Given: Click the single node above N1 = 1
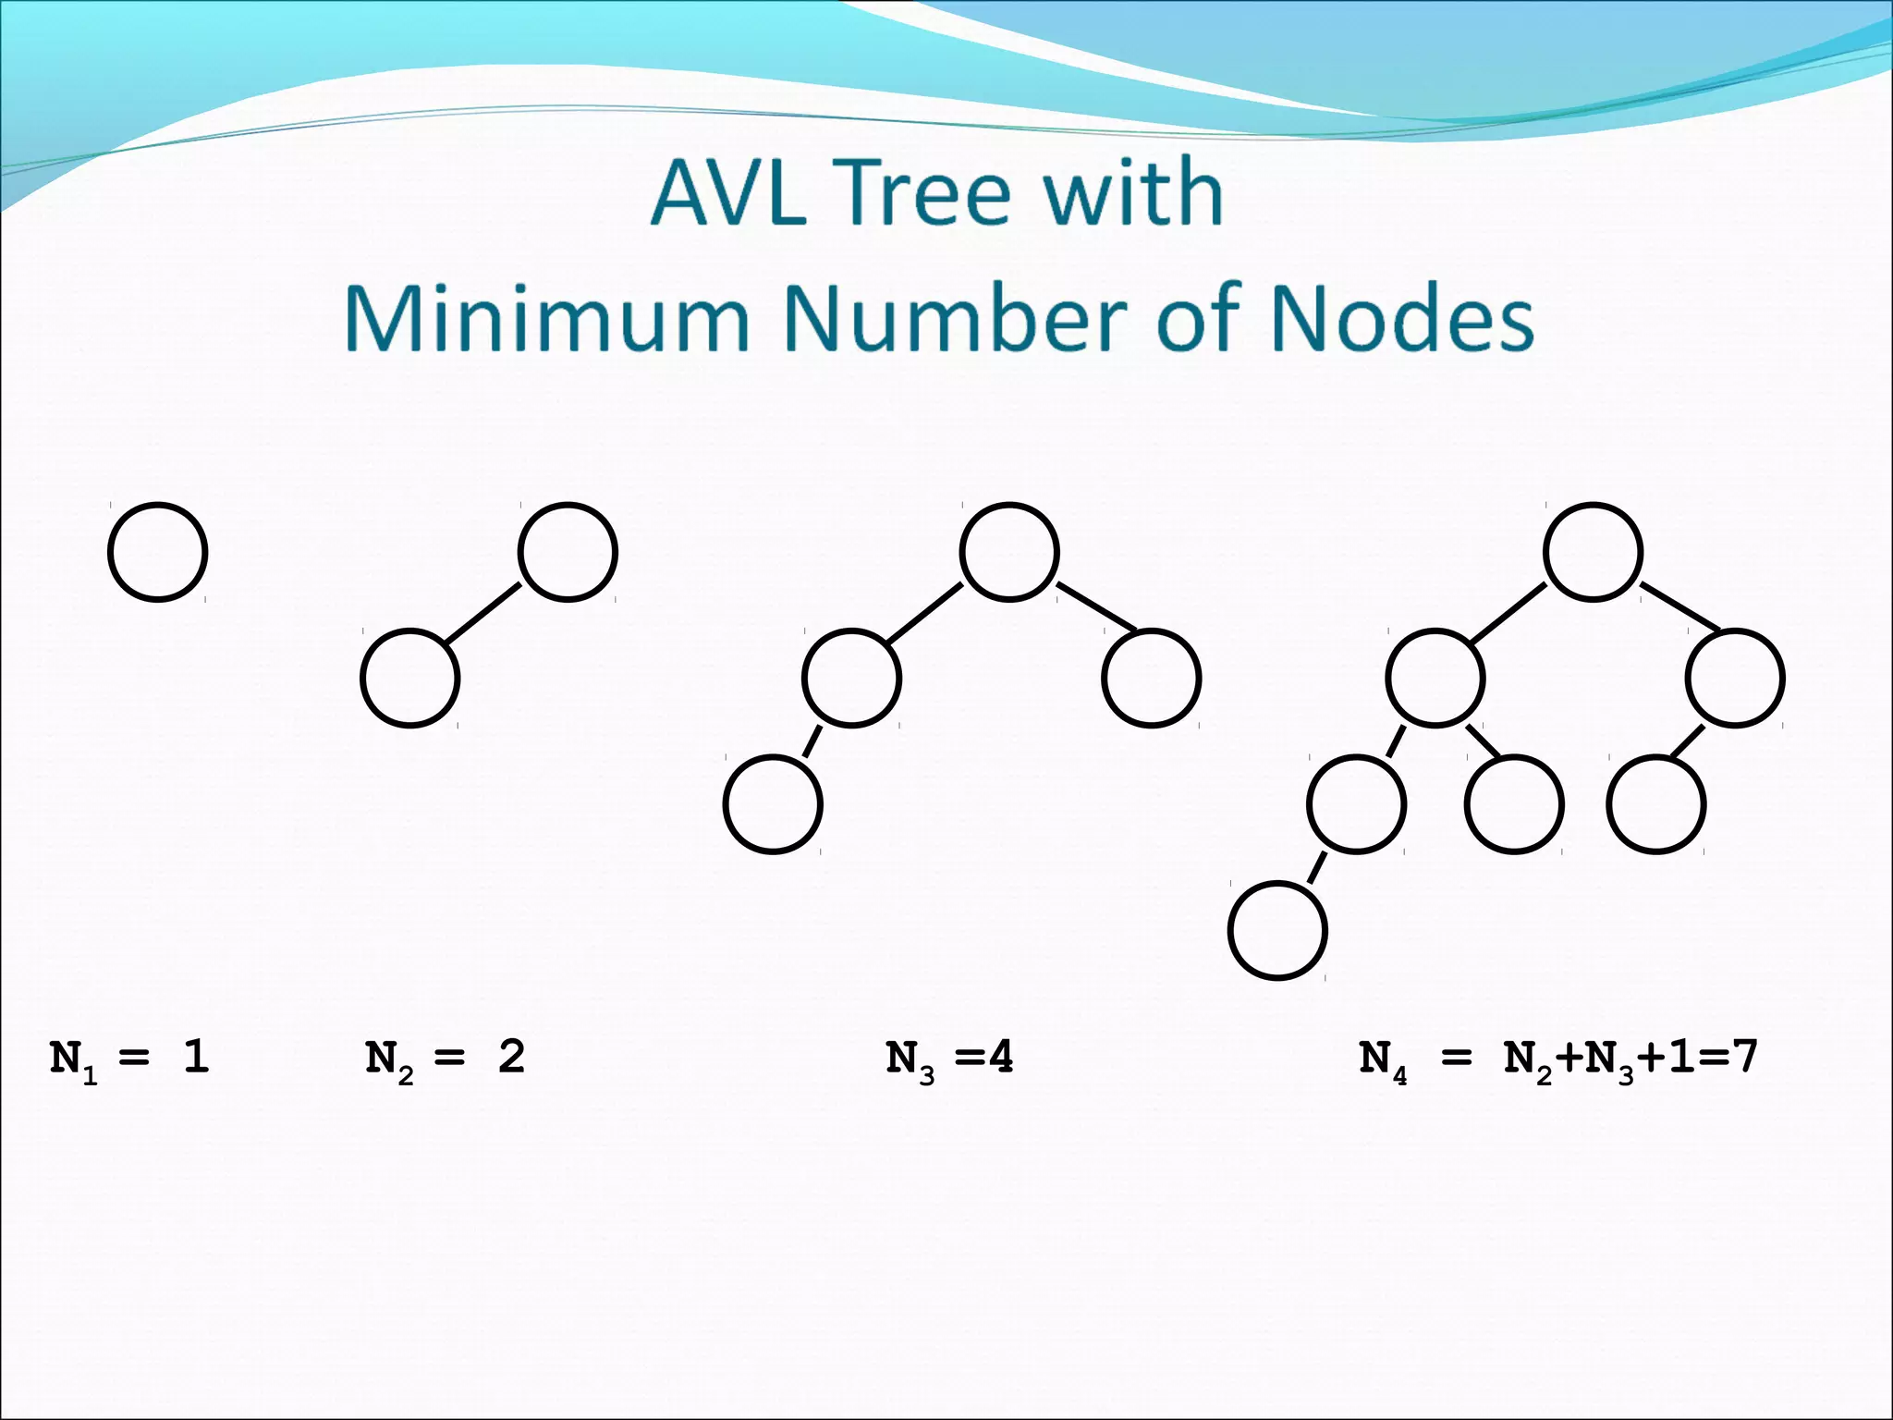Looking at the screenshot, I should coord(157,553).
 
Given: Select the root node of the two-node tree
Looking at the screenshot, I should coord(568,553).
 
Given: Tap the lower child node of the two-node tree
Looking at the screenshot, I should coord(409,679).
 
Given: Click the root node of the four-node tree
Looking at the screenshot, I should coord(1009,553).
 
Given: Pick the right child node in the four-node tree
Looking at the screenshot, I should coord(1151,679).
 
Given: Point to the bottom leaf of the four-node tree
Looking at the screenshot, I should coord(773,804).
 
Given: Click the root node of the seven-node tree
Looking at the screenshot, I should coord(1593,553).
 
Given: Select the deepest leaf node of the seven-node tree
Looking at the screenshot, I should coord(1277,930).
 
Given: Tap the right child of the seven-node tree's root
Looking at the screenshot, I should coord(1735,679).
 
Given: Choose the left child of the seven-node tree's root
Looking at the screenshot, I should coord(1435,679).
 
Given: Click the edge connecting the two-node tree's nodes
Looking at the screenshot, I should coord(483,613).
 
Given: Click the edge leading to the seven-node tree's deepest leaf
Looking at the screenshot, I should coord(1317,867).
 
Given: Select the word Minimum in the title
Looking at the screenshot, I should coord(546,319).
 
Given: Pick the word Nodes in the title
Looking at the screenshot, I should coord(1401,319).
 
